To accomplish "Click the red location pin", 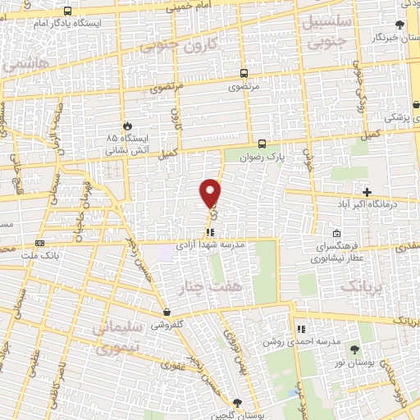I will click(211, 193).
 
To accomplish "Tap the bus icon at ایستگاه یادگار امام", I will click(66, 11).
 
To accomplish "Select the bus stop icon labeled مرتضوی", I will click(244, 72).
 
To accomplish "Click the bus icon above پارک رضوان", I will click(262, 140).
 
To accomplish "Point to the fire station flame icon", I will click(127, 125).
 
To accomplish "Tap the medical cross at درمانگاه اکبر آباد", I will click(367, 191).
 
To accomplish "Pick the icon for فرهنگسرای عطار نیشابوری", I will click(337, 233).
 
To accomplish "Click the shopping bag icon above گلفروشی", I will click(167, 312).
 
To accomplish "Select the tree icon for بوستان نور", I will click(354, 350).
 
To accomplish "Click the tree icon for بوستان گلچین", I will click(237, 402).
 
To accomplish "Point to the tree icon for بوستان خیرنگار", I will click(399, 25).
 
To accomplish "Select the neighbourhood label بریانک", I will click(361, 286).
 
